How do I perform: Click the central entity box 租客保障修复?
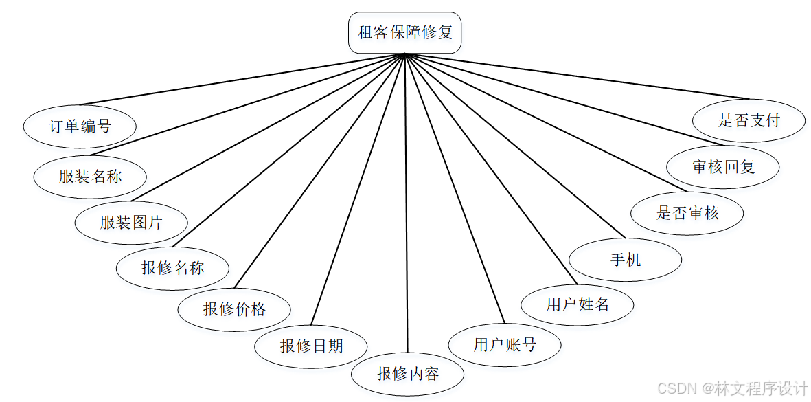coord(405,32)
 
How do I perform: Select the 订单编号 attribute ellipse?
coord(80,126)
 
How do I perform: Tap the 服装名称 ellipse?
coord(90,177)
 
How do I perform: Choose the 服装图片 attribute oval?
coord(131,223)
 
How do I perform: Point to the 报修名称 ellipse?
coord(173,267)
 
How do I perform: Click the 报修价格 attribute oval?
coord(234,309)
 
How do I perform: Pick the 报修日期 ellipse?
coord(311,346)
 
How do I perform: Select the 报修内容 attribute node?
coord(408,374)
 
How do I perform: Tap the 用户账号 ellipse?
coord(505,344)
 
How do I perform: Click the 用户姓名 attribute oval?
coord(578,304)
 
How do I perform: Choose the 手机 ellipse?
coord(626,260)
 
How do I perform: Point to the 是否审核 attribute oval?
coord(687,213)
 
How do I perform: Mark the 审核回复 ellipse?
coord(724,166)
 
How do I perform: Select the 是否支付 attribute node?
coord(749,121)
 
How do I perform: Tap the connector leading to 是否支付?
coord(577,76)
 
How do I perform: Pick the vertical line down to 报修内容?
coord(407,206)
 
